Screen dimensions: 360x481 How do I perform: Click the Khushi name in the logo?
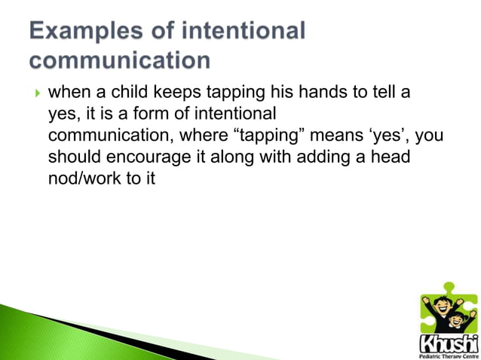point(447,343)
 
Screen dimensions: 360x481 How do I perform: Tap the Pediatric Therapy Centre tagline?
point(447,355)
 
